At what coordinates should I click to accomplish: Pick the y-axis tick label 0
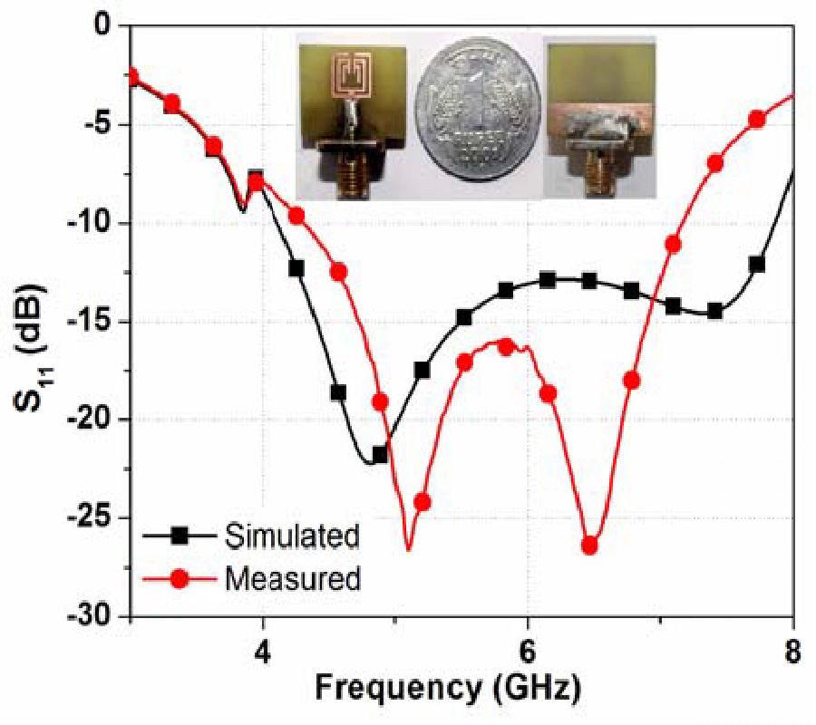[115, 27]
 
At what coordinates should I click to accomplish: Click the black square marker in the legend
[180, 536]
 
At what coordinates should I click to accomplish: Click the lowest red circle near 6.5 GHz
[589, 546]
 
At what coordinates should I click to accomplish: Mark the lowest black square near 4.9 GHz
[380, 454]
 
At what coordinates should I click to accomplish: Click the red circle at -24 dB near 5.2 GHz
[422, 502]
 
